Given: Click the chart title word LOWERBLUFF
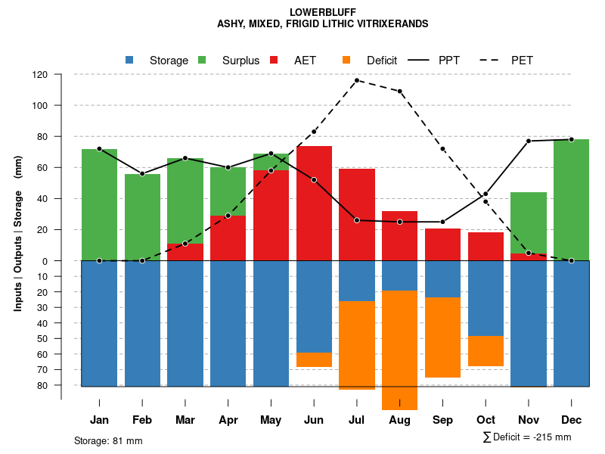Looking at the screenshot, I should tap(323, 12).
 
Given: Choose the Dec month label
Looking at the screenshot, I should tap(571, 420).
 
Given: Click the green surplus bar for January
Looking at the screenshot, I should tap(99, 204).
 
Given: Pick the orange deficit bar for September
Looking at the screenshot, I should tap(442, 337).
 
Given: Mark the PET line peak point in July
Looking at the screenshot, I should tap(356, 80).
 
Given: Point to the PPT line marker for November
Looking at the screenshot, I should tap(529, 141).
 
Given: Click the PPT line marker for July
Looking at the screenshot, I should tap(356, 220).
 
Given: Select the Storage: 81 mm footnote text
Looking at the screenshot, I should tap(108, 440).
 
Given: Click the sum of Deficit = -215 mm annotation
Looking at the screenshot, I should tap(526, 437).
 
